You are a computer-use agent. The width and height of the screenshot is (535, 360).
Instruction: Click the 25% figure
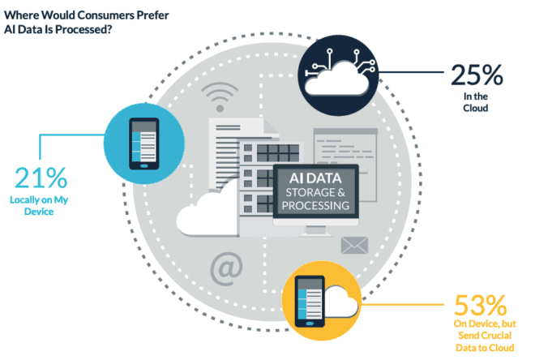479,79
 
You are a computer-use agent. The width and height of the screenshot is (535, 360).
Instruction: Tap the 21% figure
41,180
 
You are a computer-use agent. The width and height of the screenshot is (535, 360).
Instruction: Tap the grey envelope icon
354,244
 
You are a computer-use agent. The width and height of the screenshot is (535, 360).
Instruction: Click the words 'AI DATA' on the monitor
315,175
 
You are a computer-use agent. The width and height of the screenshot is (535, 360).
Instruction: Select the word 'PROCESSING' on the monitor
316,206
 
